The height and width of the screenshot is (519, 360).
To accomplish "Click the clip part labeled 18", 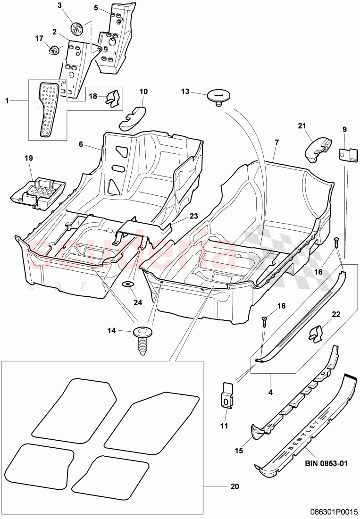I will [112, 98].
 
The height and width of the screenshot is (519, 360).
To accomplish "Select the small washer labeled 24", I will [129, 284].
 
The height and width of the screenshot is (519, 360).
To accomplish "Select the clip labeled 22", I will [318, 335].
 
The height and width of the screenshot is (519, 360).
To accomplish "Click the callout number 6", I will [81, 144].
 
